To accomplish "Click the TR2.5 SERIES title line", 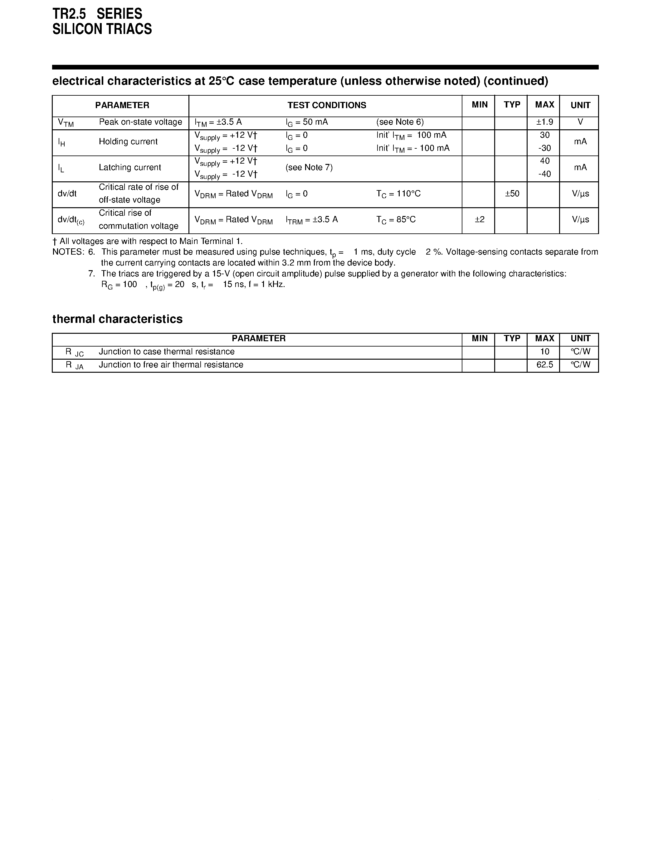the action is (x=97, y=14).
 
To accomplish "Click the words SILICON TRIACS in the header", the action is (x=102, y=29).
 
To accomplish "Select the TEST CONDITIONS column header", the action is (x=326, y=105).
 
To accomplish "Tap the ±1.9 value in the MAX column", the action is (x=544, y=122).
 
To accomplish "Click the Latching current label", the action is (x=129, y=168).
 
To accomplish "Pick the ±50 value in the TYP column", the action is (x=512, y=194).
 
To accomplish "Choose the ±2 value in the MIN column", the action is (x=479, y=219).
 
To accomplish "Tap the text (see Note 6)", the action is (x=400, y=122).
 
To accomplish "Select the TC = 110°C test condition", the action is (x=398, y=194).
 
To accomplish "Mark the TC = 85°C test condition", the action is (x=396, y=219).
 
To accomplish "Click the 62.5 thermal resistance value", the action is (x=544, y=365).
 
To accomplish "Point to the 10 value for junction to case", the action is (x=544, y=352).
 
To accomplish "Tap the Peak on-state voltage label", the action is (x=140, y=122).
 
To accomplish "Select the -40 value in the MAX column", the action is (x=544, y=174).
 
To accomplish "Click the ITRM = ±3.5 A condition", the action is (x=311, y=219).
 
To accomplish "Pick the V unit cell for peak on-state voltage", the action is (x=580, y=122).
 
